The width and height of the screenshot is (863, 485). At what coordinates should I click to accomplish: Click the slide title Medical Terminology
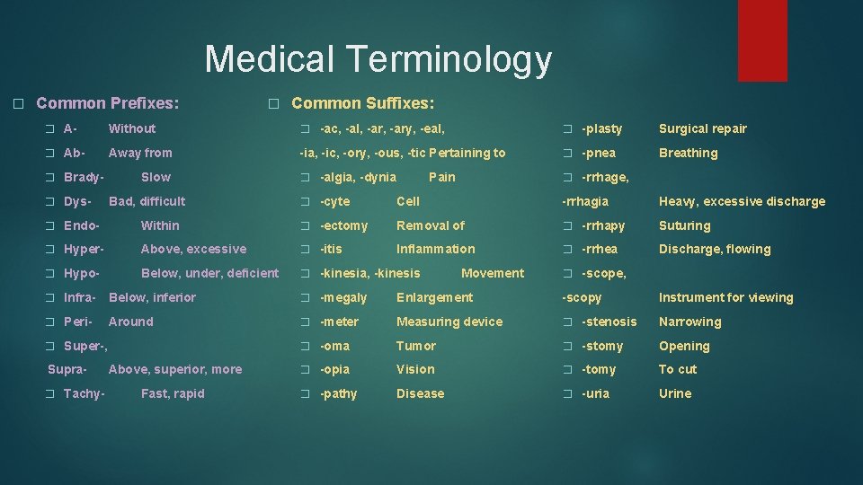(x=378, y=59)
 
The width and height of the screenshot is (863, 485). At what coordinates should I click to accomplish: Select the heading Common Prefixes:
(x=107, y=103)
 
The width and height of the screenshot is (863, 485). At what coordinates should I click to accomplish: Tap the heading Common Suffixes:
(x=363, y=103)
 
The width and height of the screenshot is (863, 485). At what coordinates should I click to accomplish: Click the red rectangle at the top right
(x=762, y=40)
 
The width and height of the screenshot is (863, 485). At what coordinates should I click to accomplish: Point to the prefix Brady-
(x=84, y=177)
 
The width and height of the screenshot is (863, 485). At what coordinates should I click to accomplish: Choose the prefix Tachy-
(x=84, y=393)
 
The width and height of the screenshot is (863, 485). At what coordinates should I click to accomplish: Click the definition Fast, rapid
(x=173, y=393)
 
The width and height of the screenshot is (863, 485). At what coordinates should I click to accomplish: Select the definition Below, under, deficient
(x=209, y=273)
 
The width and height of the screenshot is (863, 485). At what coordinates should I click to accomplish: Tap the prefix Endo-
(x=81, y=225)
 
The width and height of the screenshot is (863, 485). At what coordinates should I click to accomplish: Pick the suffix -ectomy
(x=343, y=225)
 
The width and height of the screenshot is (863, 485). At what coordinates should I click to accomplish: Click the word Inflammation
(x=435, y=249)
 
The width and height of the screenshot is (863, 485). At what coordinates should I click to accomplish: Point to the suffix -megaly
(x=343, y=297)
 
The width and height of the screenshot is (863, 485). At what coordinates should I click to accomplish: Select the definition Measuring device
(x=449, y=322)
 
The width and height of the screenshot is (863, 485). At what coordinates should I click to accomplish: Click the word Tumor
(x=415, y=346)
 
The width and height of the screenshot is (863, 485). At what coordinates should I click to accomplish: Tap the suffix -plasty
(x=601, y=128)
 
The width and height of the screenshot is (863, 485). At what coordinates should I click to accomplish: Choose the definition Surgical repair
(x=702, y=128)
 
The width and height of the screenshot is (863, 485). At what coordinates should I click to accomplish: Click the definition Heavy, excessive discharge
(x=742, y=201)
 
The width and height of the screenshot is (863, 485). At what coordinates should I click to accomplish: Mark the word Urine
(x=674, y=393)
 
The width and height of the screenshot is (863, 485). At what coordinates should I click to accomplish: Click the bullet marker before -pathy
(x=305, y=394)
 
